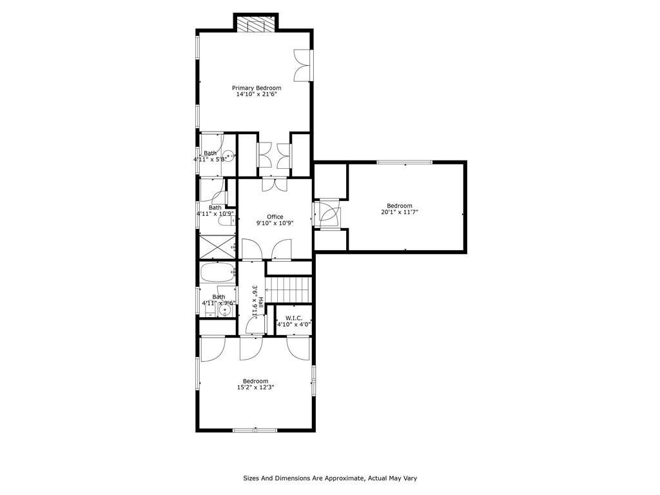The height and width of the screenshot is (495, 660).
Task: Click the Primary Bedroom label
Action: coord(257,88)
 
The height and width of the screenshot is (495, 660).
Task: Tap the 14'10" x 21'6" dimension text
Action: coord(257,95)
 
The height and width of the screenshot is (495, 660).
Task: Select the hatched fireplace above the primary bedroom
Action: coord(256,24)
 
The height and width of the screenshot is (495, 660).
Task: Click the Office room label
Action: coord(275,217)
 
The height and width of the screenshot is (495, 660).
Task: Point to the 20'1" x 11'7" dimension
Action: coord(400,212)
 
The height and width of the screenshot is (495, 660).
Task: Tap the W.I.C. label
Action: coord(294,318)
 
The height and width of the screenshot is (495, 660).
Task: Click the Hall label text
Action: coord(261,302)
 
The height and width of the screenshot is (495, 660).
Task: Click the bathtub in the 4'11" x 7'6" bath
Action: coord(218,273)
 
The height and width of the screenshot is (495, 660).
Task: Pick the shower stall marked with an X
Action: coord(218,247)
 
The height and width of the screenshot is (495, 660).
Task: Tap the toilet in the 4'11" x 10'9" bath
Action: coord(226,220)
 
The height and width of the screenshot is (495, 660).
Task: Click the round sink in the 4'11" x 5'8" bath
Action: coord(228,156)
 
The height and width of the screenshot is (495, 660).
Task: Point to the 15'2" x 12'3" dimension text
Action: coord(255,387)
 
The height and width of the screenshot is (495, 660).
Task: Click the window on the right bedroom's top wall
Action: coord(405,162)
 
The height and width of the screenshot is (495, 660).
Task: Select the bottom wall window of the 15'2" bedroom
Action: coord(255,430)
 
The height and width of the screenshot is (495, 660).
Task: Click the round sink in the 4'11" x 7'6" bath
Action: coord(225,311)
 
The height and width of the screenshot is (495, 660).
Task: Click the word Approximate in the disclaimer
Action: coord(345,478)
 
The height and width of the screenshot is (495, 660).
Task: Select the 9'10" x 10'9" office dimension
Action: coord(275,223)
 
